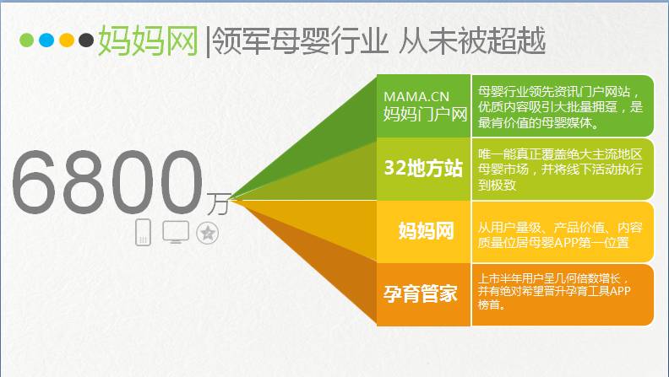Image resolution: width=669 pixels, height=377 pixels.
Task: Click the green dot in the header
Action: coord(26,40)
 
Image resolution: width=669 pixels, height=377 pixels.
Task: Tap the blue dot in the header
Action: coord(46,40)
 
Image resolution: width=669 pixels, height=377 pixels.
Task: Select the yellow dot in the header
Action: coord(67,40)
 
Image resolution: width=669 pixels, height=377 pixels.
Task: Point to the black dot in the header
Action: coord(86,40)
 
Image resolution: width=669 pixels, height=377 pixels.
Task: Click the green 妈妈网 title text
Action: coord(148,40)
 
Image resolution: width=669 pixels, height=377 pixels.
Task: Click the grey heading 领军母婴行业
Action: coord(300,40)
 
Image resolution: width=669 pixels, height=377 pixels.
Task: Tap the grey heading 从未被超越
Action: coord(472,40)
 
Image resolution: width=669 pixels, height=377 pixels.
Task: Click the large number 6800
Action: coord(107,182)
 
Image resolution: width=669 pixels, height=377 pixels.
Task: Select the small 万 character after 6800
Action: coord(219,203)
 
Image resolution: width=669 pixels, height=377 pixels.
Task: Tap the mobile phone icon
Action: coord(143,232)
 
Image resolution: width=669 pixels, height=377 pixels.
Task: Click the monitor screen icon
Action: coord(176,232)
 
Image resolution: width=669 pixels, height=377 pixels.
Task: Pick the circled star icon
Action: coord(207,233)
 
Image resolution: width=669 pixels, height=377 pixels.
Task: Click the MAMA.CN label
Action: coord(416,97)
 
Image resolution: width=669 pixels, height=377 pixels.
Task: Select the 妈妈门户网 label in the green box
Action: coord(425,114)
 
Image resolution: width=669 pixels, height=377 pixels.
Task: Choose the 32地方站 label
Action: coord(423,168)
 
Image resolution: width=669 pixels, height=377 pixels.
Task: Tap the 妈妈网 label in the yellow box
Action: coord(426,231)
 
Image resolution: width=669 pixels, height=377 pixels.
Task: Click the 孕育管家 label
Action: coord(421,294)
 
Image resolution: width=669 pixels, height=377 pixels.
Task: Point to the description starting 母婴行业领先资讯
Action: coord(560,107)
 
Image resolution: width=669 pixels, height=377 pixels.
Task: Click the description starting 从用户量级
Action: coord(560,234)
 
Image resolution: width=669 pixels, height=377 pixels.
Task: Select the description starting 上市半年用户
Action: coord(554,291)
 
